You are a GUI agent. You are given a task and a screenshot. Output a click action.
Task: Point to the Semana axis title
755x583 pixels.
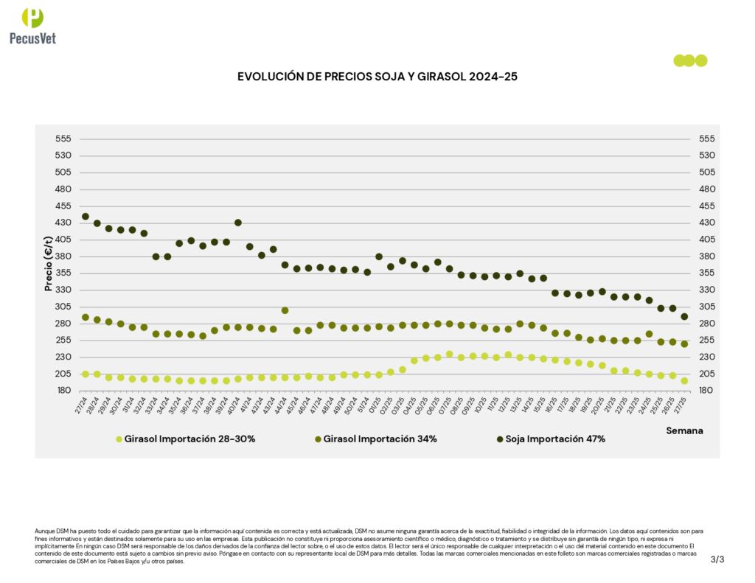point(684,430)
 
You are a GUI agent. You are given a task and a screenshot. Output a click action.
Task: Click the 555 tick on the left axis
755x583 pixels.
point(63,139)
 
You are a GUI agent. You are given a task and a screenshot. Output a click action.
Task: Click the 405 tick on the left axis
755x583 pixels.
point(63,240)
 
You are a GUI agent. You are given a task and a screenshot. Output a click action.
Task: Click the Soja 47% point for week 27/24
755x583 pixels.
point(86,217)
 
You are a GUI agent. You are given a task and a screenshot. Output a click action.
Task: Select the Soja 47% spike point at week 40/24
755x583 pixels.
point(238,223)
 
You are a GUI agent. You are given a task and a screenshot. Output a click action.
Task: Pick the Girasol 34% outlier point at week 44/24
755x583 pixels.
point(285,310)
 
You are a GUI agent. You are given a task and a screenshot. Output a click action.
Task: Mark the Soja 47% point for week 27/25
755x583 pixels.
point(684,317)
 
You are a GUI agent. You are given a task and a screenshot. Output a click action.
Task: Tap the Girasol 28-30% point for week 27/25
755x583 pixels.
point(684,381)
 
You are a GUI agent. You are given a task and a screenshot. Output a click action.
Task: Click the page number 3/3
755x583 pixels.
point(717,559)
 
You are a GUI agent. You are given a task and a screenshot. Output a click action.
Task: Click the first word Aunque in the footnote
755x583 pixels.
point(44,531)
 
